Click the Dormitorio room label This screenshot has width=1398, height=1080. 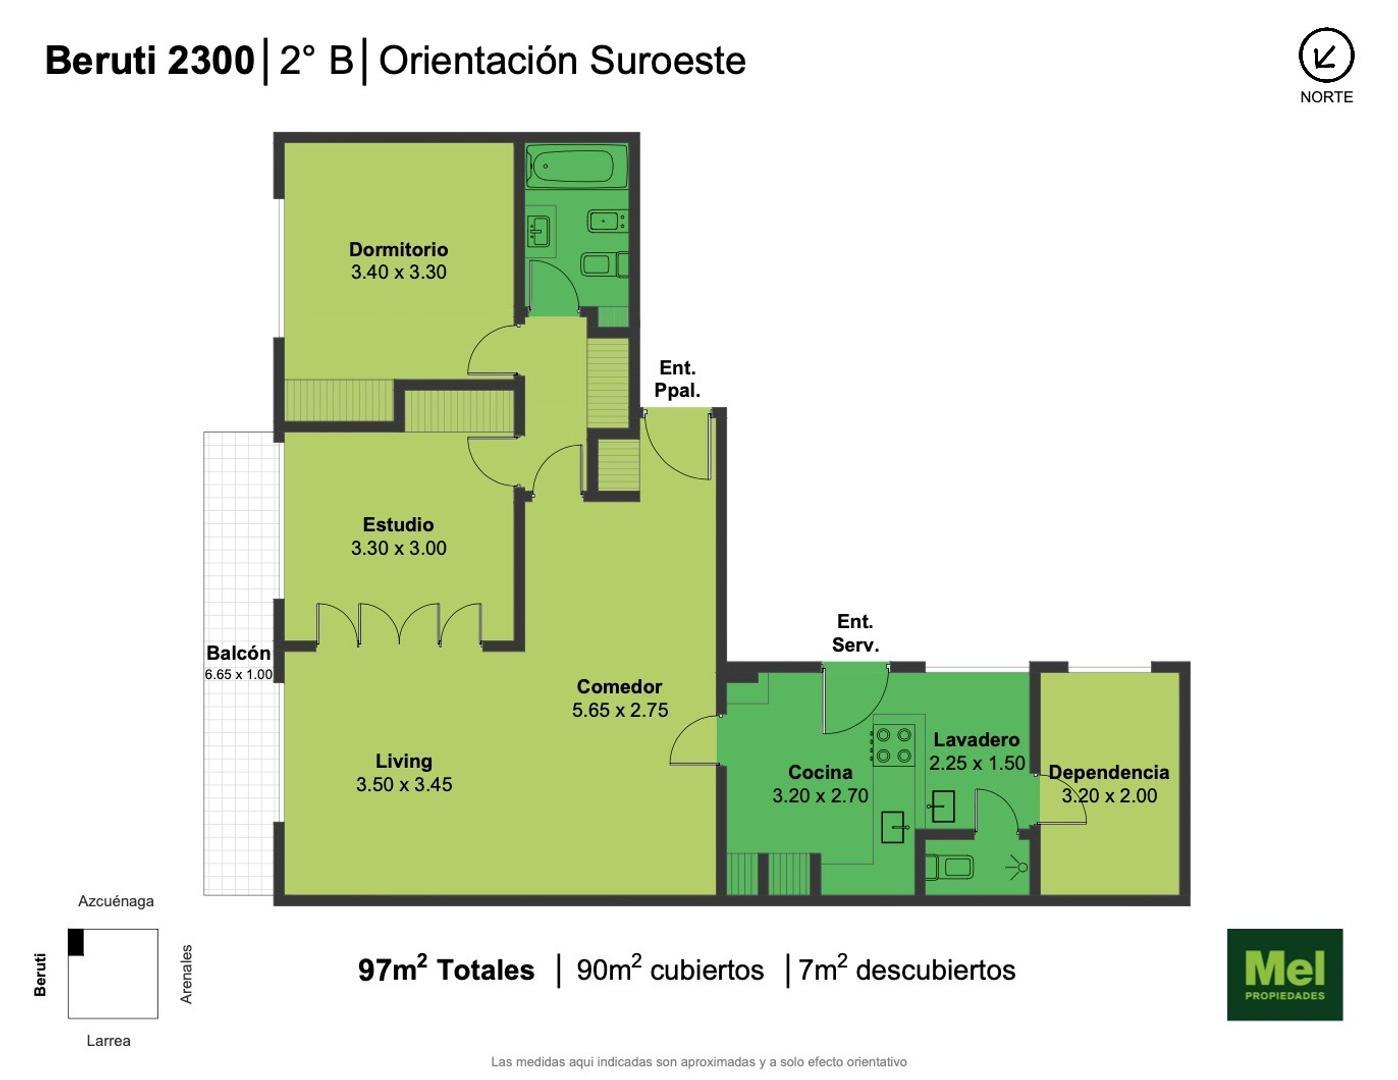tap(398, 249)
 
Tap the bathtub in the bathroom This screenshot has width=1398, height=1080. tap(572, 167)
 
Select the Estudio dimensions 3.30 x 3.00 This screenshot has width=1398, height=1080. tap(398, 548)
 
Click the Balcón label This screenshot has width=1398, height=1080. tap(238, 653)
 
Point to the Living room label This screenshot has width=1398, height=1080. tap(403, 761)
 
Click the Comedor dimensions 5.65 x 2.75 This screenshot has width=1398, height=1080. tap(620, 710)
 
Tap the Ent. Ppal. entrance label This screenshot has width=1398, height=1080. tap(677, 379)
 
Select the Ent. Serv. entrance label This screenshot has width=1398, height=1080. tap(855, 633)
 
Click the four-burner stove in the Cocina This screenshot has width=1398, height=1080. tap(893, 746)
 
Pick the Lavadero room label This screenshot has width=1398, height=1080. tap(976, 740)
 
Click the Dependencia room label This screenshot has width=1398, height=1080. tap(1108, 772)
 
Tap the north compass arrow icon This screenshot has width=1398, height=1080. tap(1326, 56)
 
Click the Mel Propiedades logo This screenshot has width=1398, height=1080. tap(1284, 974)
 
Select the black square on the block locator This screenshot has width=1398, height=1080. tap(76, 943)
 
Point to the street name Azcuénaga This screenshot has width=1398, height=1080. tap(116, 901)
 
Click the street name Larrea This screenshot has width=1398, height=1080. tap(108, 1040)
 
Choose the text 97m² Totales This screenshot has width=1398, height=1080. tap(446, 970)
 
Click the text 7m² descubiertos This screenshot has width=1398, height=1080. tap(906, 970)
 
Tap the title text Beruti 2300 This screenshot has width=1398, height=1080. tap(150, 61)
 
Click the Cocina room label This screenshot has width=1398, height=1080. tap(820, 772)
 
